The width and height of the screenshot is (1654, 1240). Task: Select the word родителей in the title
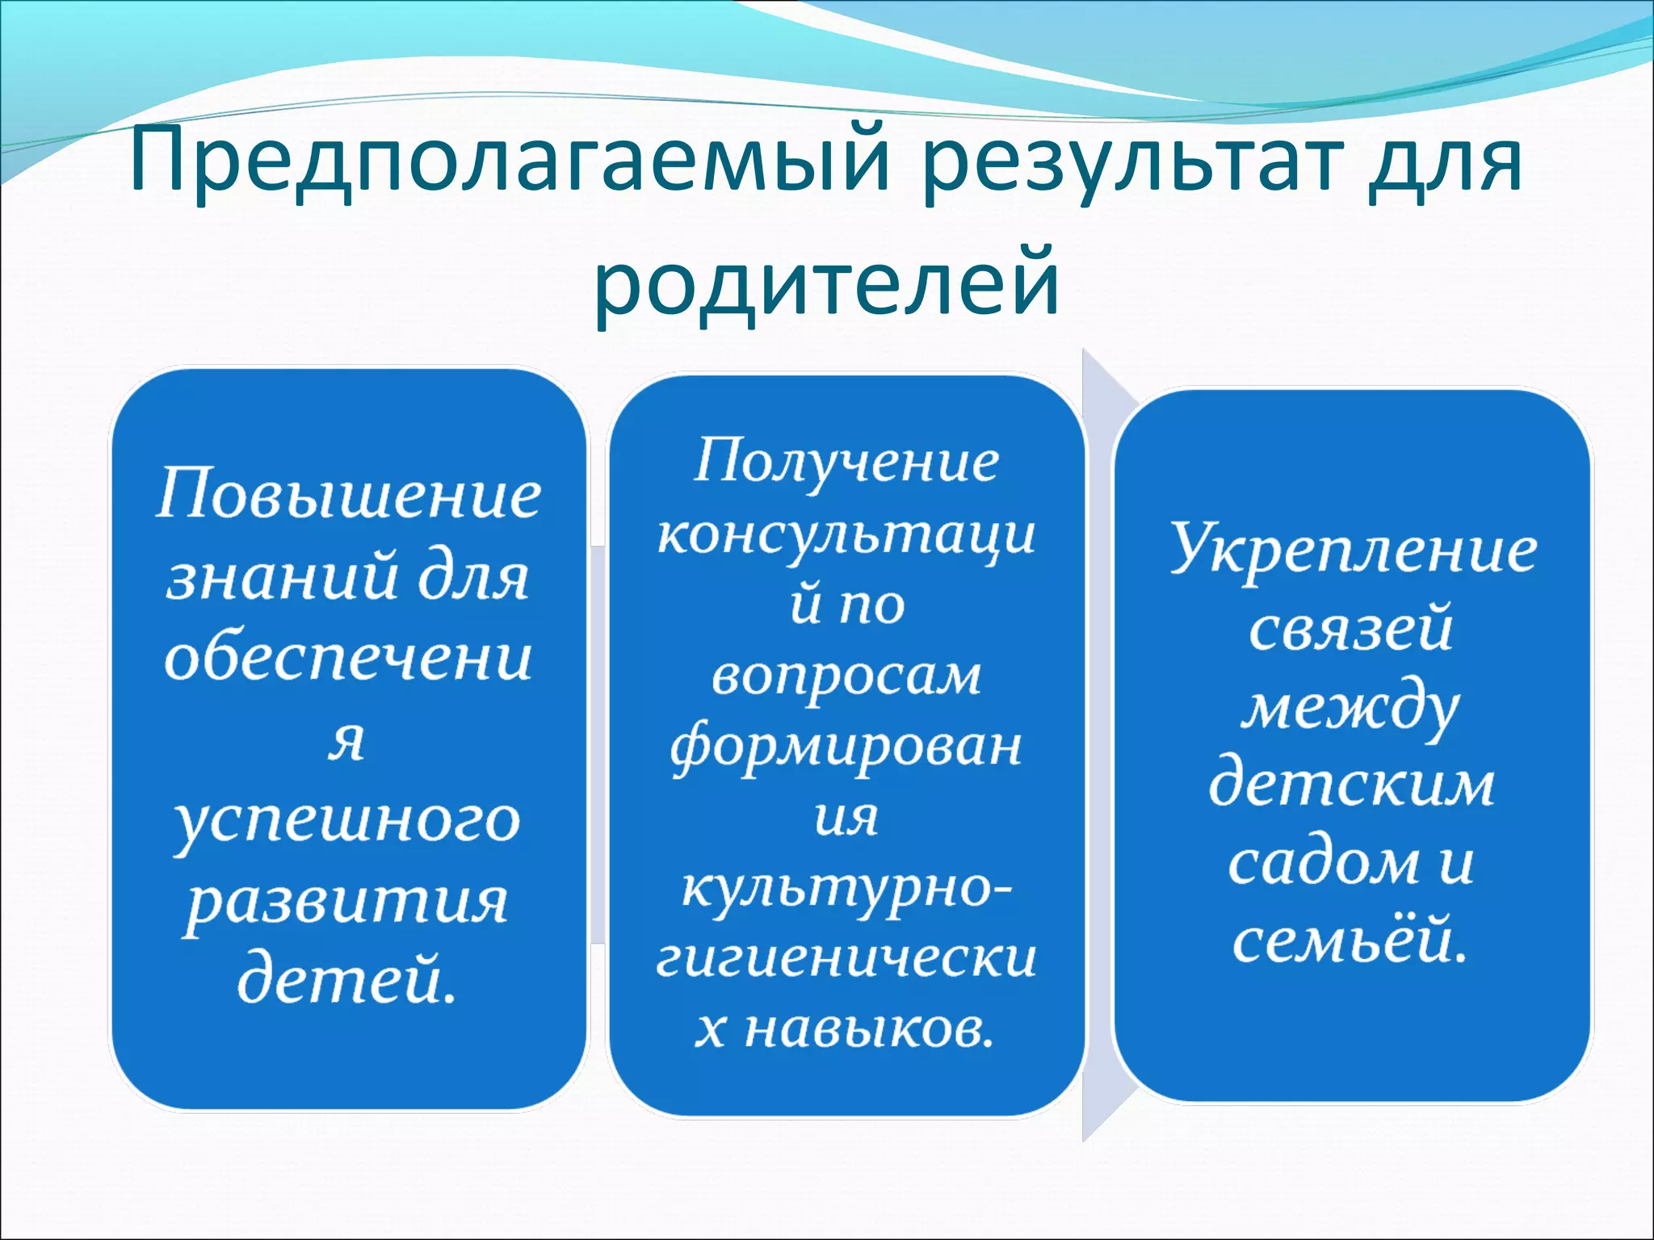coord(826,283)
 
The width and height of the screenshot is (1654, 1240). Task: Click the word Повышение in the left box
coord(348,494)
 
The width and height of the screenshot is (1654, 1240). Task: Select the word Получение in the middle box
coord(846,463)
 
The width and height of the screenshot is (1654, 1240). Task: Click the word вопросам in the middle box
coord(846,677)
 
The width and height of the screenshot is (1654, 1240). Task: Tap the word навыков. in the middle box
coord(869,1030)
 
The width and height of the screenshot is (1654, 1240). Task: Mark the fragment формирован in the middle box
coord(846,748)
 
